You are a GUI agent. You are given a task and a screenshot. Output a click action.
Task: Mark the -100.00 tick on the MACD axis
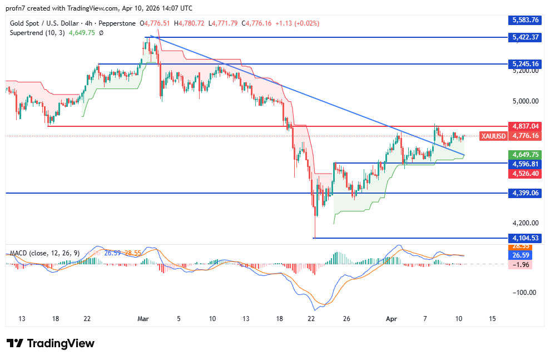coord(524,292)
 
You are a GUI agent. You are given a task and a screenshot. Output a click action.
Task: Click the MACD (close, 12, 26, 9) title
coord(45,253)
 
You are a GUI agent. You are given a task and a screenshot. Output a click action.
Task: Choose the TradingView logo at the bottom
coord(51,343)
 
